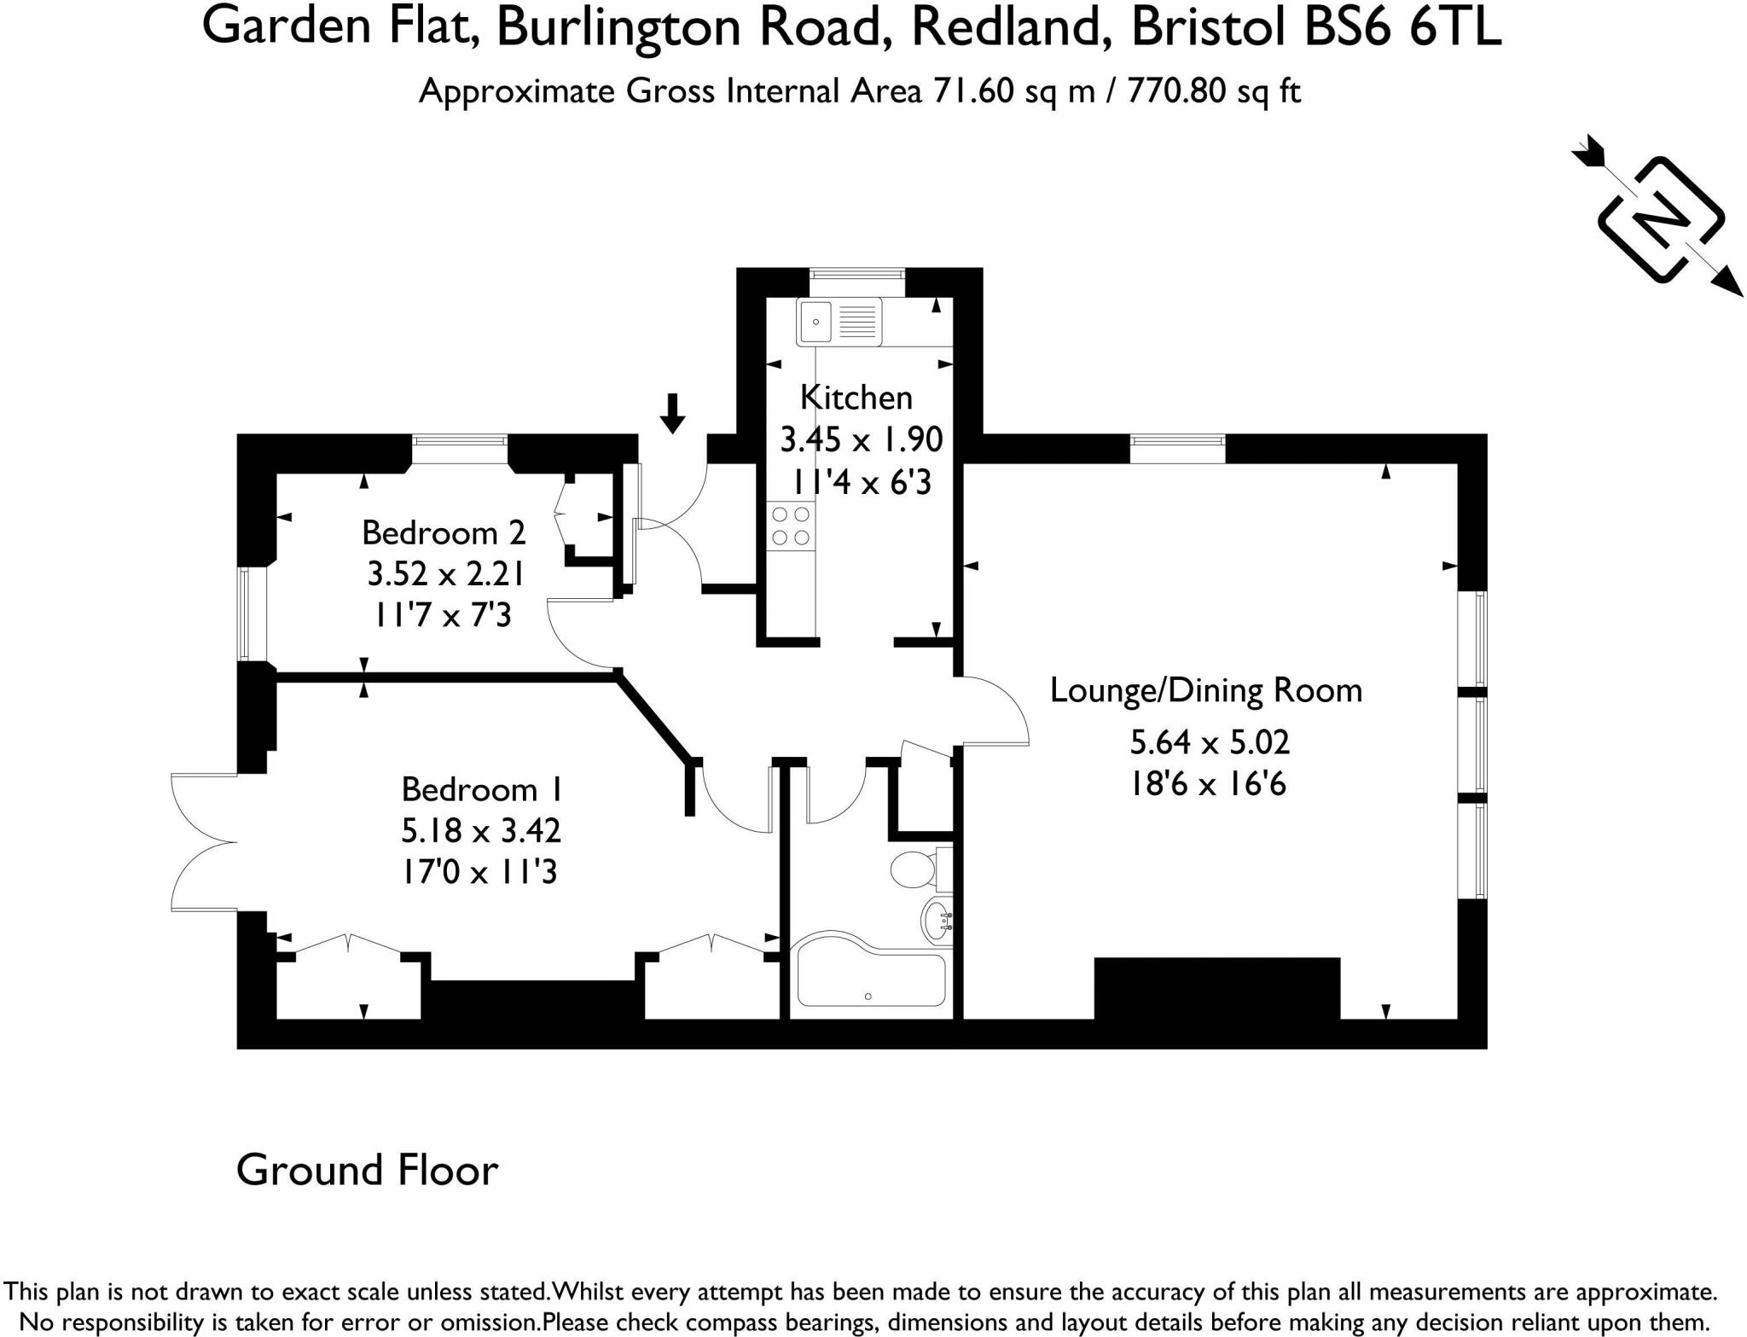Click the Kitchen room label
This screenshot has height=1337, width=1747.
[856, 398]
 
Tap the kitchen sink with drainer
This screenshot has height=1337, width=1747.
[839, 322]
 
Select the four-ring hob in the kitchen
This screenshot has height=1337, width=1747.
[790, 526]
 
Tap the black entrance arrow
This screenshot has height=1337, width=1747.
[673, 413]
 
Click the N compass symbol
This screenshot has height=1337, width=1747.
[1660, 218]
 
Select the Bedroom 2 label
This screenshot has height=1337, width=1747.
[444, 532]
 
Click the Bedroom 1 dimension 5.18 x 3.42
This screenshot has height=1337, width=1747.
[480, 830]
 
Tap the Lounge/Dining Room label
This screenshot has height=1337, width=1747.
[1205, 690]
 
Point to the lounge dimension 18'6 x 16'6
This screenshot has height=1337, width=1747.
[1208, 783]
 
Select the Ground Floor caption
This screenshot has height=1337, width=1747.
[367, 1170]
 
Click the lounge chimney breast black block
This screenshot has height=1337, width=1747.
[1216, 988]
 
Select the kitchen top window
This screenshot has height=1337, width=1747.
[856, 274]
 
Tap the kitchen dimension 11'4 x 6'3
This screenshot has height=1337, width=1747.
[862, 483]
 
